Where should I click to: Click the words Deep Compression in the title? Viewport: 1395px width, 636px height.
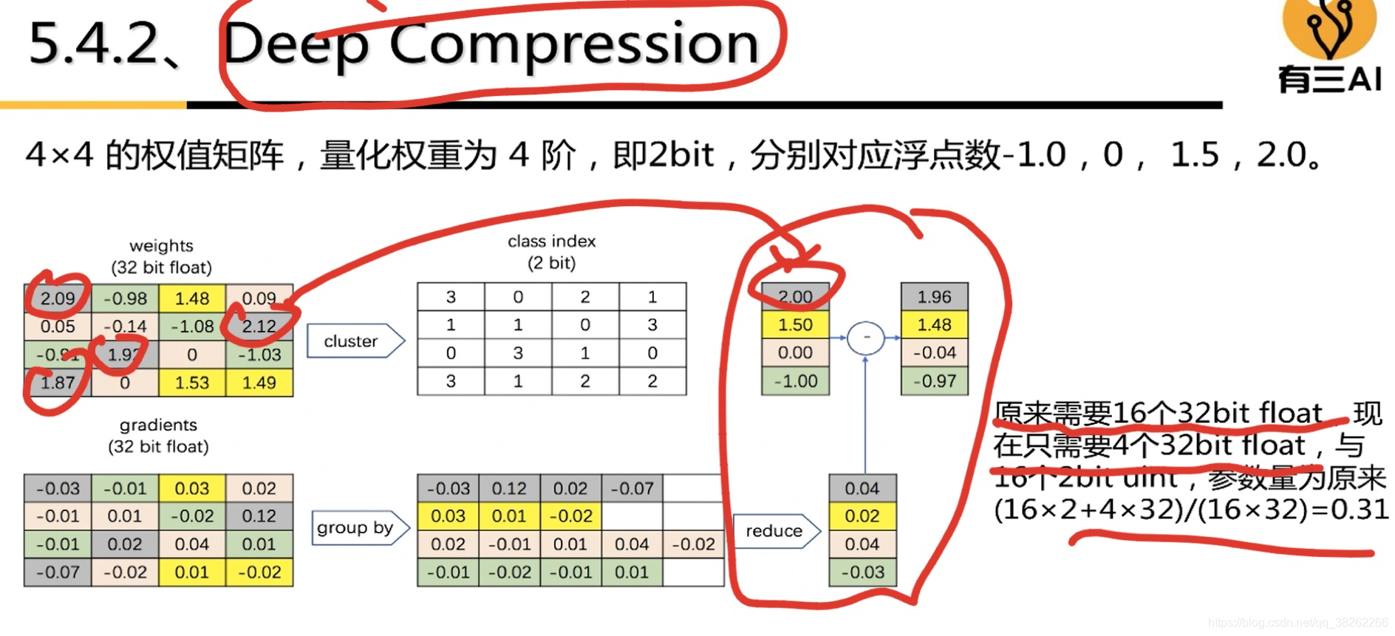pos(491,44)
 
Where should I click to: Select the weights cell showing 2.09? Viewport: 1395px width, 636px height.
pos(58,298)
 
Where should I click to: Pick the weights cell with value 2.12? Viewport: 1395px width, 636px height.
pos(259,326)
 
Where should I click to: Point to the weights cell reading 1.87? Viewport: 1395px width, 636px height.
pos(58,383)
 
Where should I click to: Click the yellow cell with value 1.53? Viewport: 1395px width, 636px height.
pos(191,383)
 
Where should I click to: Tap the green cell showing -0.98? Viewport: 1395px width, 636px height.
pos(125,298)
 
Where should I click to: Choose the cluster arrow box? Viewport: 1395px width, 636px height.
pos(355,341)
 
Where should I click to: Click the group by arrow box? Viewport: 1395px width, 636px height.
pos(359,527)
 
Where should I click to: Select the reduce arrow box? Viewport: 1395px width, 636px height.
pos(776,530)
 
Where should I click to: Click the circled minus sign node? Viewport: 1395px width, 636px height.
pos(865,338)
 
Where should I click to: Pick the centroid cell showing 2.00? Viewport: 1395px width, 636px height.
pos(795,297)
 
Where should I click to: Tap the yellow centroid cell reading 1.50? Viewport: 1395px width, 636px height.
pos(795,325)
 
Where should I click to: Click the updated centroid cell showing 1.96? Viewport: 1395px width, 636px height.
pos(934,297)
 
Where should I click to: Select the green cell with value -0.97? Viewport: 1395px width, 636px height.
pos(934,381)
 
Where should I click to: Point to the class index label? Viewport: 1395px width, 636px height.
pos(551,242)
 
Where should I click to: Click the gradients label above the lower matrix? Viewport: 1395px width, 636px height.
pos(158,425)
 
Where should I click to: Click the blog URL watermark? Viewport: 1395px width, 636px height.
pos(1297,623)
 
